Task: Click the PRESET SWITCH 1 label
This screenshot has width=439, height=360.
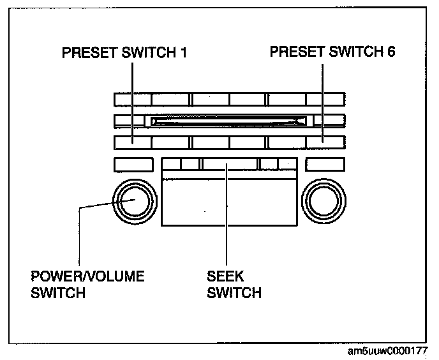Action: pyautogui.click(x=124, y=52)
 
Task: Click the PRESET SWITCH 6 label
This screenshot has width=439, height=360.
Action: pyautogui.click(x=332, y=52)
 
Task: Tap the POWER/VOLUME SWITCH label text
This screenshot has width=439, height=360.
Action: pyautogui.click(x=87, y=285)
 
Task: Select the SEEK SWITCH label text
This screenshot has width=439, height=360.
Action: pyautogui.click(x=234, y=285)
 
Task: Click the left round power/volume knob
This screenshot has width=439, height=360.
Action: pyautogui.click(x=134, y=201)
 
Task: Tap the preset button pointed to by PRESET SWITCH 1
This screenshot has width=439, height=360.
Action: pyautogui.click(x=133, y=142)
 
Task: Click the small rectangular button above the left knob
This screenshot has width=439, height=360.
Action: pyautogui.click(x=133, y=164)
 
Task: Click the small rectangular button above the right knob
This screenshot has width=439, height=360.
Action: pyautogui.click(x=325, y=164)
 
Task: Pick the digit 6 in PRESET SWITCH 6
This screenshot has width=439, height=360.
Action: pyautogui.click(x=391, y=52)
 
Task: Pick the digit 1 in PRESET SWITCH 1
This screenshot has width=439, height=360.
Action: pyautogui.click(x=182, y=52)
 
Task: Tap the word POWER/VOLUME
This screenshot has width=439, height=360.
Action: pyautogui.click(x=87, y=277)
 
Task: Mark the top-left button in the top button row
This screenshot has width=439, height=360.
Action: pyautogui.click(x=133, y=99)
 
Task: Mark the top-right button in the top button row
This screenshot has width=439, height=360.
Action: pyautogui.click(x=325, y=99)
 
